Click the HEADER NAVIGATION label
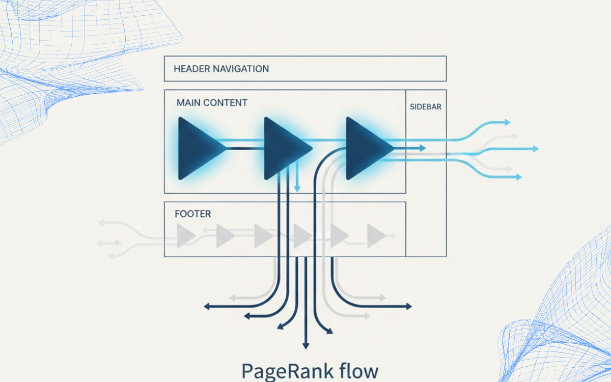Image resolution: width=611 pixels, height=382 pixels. (x=221, y=69)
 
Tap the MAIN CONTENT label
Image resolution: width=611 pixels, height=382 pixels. (x=212, y=103)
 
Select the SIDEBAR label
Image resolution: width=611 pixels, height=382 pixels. (x=425, y=107)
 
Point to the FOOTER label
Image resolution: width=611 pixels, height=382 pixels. (x=193, y=214)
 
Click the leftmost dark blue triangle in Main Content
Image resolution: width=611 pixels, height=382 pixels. (x=199, y=148)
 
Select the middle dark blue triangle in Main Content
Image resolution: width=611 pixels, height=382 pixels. (x=284, y=148)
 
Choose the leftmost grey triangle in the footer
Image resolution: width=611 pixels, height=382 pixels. (x=185, y=236)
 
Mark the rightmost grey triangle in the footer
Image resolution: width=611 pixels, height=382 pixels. (x=376, y=235)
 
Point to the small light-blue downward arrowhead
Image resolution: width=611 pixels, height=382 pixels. (x=297, y=189)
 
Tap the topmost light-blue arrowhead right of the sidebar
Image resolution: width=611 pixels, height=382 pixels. (x=507, y=122)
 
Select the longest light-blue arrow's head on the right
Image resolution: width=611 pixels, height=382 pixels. (x=536, y=149)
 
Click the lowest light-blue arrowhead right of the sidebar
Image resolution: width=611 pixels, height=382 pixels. (x=519, y=177)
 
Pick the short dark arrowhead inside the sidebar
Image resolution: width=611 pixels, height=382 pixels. (x=423, y=148)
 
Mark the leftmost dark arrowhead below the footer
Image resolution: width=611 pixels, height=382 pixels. (x=206, y=307)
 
